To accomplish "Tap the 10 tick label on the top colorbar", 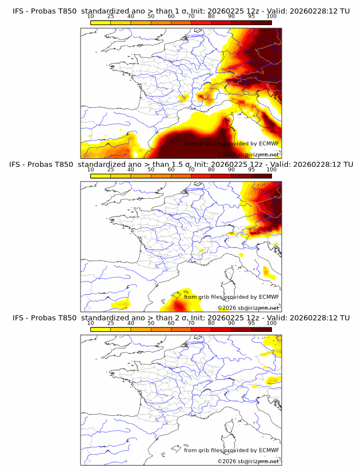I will click(x=91, y=17).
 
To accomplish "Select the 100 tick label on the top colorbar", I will click(x=271, y=17).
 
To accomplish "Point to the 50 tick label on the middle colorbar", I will click(x=151, y=170).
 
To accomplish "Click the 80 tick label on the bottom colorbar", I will click(x=211, y=323).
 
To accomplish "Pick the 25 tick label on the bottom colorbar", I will click(x=111, y=323).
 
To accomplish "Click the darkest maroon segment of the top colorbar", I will click(x=261, y=22).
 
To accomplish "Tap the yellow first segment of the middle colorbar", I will click(x=101, y=175).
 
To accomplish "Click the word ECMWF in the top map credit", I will click(x=269, y=144).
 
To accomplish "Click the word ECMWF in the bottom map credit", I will click(x=269, y=450).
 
